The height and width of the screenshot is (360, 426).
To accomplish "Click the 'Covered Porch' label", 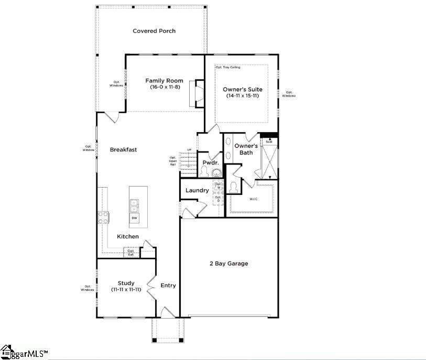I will [154, 31].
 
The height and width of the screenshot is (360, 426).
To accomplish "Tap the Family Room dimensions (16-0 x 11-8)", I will [164, 87].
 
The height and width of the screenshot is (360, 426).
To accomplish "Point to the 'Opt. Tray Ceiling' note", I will [228, 68].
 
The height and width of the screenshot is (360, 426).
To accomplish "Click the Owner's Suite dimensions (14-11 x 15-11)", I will [242, 96].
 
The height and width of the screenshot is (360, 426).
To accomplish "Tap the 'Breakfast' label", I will [123, 149].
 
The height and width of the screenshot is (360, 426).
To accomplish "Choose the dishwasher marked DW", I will [135, 218].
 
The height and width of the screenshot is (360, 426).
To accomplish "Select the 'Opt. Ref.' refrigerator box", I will [131, 253].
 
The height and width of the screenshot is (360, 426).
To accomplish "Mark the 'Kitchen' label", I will [128, 237].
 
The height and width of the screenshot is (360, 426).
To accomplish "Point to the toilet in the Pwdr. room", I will [204, 172].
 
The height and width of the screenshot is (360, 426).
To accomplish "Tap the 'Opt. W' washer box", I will [219, 186].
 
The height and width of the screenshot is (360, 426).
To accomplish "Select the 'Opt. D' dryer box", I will [219, 199].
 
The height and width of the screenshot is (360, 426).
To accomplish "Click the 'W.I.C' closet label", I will [253, 199].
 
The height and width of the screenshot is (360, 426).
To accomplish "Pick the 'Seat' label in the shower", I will [269, 141].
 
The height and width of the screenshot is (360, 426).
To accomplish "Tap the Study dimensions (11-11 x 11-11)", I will [126, 290].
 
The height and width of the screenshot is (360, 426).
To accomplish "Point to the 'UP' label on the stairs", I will [189, 150].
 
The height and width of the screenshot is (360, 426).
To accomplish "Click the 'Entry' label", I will [168, 286].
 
